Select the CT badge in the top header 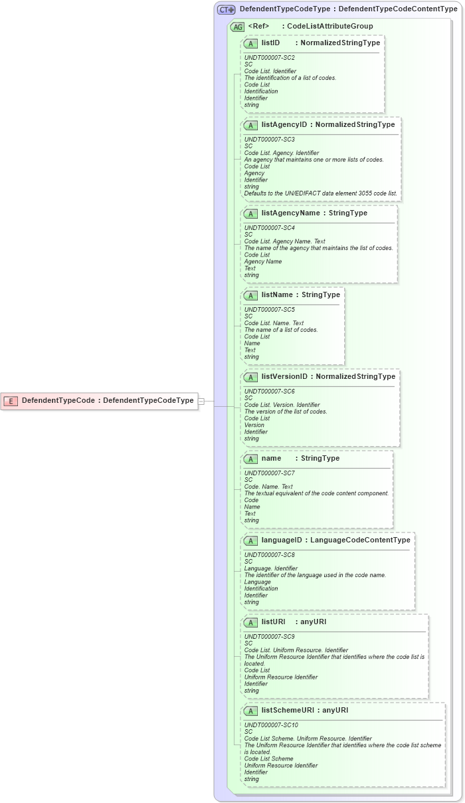pos(227,9)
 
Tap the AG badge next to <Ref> pos(237,27)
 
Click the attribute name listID pos(270,43)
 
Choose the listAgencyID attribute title pos(284,124)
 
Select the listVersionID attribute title pos(284,376)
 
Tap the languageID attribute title pos(282,540)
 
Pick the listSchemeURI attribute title pos(288,710)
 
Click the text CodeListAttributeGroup pos(329,27)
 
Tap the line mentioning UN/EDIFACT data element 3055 pos(320,193)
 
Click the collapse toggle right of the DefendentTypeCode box pos(201,400)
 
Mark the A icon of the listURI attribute pos(250,622)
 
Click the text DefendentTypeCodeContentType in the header pos(398,9)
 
